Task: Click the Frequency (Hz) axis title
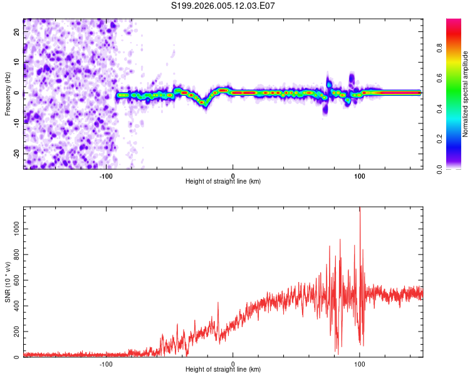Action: (x=8, y=93)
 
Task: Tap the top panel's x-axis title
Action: (x=223, y=181)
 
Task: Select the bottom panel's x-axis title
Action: (x=223, y=369)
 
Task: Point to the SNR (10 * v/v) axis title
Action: (x=8, y=281)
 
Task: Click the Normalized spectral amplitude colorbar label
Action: (x=466, y=94)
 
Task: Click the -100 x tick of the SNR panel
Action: (x=106, y=363)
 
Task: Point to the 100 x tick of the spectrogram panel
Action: (x=360, y=175)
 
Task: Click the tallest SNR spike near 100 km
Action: (x=360, y=209)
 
